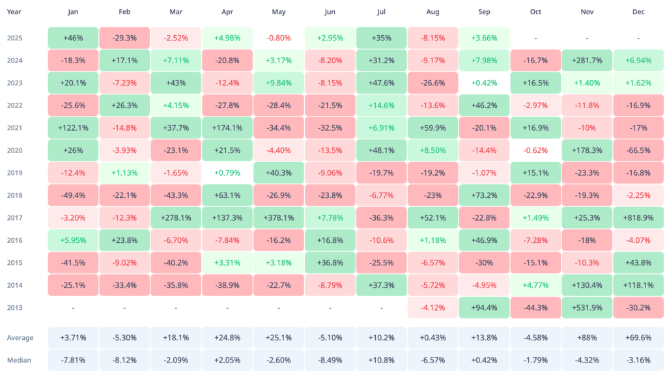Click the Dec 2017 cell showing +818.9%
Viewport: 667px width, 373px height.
(638, 218)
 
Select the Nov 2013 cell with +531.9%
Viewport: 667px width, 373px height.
(587, 308)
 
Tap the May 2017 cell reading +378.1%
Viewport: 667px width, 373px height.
(279, 218)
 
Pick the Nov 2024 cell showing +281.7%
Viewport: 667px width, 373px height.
(587, 61)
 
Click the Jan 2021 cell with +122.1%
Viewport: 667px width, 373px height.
(73, 128)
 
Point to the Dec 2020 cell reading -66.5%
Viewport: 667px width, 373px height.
(638, 151)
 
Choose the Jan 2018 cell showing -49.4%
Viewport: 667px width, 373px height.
(73, 196)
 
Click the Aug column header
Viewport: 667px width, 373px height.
(433, 12)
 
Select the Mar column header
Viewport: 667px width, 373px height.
(176, 12)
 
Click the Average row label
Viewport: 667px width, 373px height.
(20, 338)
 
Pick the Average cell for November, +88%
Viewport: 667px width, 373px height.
(587, 338)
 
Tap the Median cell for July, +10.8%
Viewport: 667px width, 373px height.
(382, 360)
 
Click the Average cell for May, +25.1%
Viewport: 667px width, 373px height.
(279, 338)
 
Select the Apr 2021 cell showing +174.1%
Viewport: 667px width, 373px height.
(227, 128)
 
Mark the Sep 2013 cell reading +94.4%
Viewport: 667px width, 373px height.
(484, 308)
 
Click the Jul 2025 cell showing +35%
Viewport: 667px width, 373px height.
(382, 38)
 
